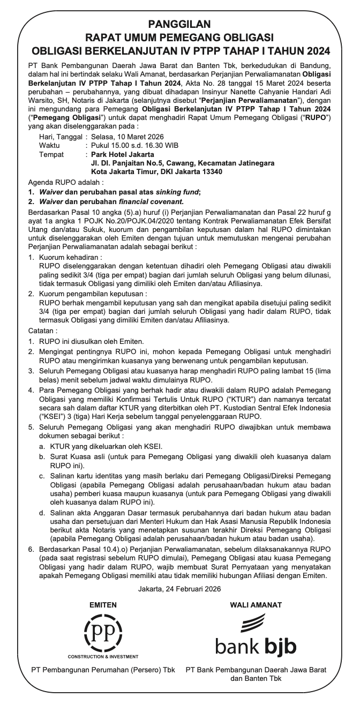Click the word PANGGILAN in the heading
pos(179,24)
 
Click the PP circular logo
pos(102,632)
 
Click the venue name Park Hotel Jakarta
pos(123,154)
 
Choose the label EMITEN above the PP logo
pos(102,605)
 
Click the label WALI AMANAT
pos(256,605)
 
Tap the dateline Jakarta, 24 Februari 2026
pos(179,589)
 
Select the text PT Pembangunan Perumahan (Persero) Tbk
pos(103,670)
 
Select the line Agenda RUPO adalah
pos(65,182)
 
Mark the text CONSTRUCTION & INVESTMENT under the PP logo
pos(103,656)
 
